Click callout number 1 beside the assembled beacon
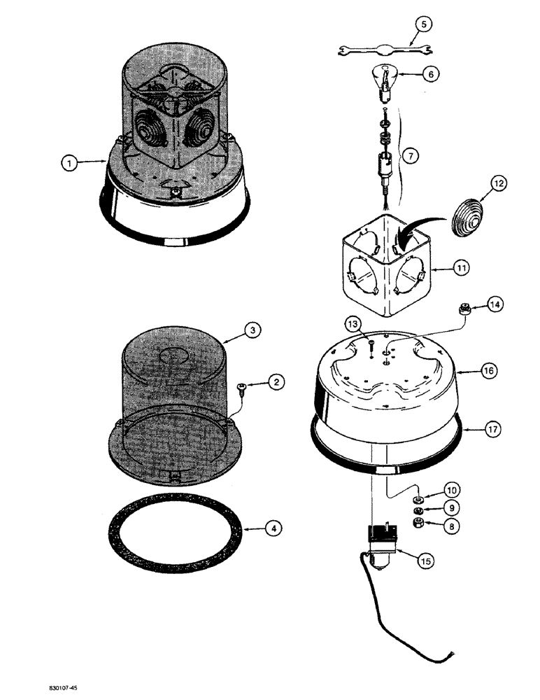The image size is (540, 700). (68, 163)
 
